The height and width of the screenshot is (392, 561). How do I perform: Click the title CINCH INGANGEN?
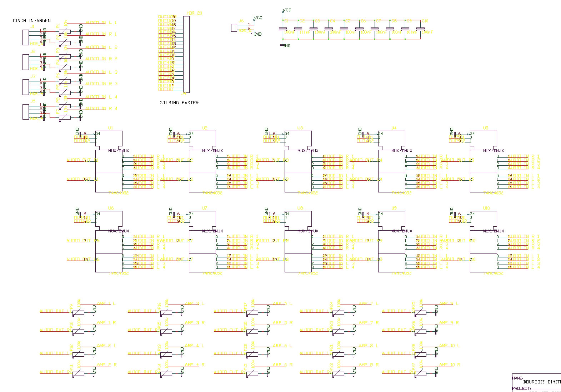coord(31,21)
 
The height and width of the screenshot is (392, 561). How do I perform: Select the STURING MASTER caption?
coord(179,103)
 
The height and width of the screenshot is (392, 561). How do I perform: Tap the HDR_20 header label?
coord(194,13)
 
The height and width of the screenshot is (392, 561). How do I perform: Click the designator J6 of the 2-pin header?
coord(241,21)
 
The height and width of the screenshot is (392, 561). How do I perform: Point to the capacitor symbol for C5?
coord(344,29)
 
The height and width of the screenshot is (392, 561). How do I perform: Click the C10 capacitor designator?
coord(425,21)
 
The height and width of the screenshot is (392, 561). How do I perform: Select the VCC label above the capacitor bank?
coord(287,10)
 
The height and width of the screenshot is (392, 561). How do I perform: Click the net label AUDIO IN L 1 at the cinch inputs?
coord(101,23)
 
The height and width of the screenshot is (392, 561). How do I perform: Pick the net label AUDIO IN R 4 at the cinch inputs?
coord(101,109)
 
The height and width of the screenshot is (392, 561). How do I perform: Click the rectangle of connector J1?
coord(26,37)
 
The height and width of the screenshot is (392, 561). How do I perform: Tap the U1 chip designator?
coord(110,128)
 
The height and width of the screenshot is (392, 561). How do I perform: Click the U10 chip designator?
coord(486,208)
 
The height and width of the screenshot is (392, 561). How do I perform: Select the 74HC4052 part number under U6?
coord(119,273)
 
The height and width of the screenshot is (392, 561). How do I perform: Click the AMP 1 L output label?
coord(106,304)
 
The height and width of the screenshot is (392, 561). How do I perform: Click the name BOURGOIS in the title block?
coord(534,382)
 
